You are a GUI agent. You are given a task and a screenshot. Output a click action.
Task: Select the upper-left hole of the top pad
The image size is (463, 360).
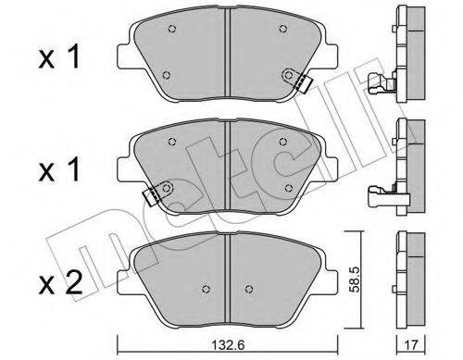click(173, 28)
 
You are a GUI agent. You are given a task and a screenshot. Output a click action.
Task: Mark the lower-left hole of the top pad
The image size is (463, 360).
click(165, 76)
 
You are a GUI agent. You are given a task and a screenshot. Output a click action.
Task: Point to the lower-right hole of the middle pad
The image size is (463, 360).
click(290, 188)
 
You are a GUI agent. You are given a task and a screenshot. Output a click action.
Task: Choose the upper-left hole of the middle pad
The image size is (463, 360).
click(173, 140)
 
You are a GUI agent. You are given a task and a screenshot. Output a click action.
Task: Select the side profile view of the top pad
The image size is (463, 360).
click(405, 56)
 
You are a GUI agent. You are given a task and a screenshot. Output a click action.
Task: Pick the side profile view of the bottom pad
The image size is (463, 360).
click(405, 278)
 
